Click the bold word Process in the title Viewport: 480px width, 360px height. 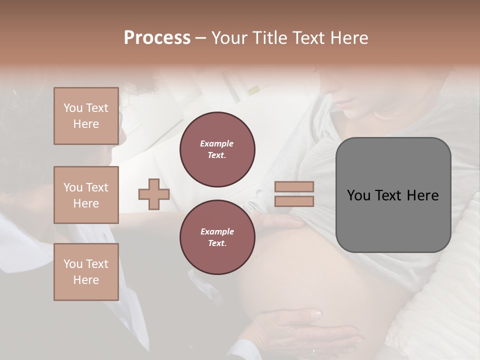pyautogui.click(x=157, y=38)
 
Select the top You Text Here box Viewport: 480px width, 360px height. pyautogui.click(x=86, y=116)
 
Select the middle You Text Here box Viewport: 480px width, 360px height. pyautogui.click(x=86, y=195)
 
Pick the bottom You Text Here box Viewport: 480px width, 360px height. pyautogui.click(x=86, y=272)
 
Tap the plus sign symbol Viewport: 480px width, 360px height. pyautogui.click(x=153, y=194)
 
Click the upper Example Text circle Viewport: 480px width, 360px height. pyautogui.click(x=217, y=149)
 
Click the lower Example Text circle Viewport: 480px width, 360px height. pyautogui.click(x=217, y=237)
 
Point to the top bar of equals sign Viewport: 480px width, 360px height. pyautogui.click(x=294, y=186)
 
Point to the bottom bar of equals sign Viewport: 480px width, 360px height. pyautogui.click(x=294, y=201)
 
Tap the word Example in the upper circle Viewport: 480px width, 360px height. pyautogui.click(x=217, y=143)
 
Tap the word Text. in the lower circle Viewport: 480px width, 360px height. pyautogui.click(x=217, y=243)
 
